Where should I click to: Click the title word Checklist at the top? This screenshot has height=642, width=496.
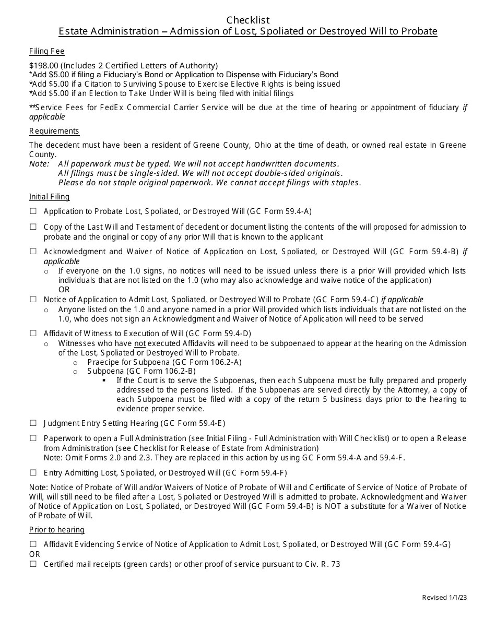pyautogui.click(x=248, y=20)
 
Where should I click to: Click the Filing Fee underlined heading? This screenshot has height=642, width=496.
pyautogui.click(x=46, y=51)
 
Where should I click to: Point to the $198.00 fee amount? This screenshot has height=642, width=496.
pyautogui.click(x=44, y=66)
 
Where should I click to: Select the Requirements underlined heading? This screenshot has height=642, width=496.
pyautogui.click(x=54, y=131)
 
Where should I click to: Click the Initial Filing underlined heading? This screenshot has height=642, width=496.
pyautogui.click(x=49, y=197)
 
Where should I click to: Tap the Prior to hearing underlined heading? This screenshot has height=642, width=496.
pyautogui.click(x=56, y=530)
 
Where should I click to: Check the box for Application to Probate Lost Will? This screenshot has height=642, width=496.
pyautogui.click(x=33, y=211)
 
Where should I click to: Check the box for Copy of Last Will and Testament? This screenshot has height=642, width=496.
pyautogui.click(x=33, y=227)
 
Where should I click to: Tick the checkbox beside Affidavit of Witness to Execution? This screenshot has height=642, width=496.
pyautogui.click(x=33, y=333)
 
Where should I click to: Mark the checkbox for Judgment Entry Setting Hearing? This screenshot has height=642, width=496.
pyautogui.click(x=33, y=423)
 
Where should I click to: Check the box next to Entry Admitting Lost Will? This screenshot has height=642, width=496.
pyautogui.click(x=33, y=473)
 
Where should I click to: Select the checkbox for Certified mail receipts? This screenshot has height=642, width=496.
pyautogui.click(x=33, y=564)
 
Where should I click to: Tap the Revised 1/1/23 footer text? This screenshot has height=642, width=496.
pyautogui.click(x=444, y=598)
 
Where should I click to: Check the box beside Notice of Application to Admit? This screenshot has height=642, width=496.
pyautogui.click(x=33, y=300)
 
